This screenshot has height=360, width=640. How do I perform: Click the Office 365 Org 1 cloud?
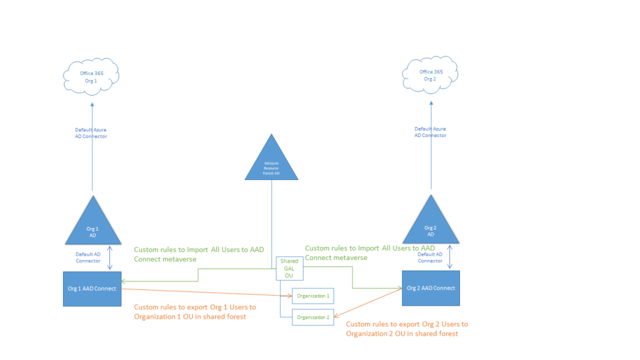[x=91, y=76]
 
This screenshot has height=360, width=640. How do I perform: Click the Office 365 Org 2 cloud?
[x=431, y=75]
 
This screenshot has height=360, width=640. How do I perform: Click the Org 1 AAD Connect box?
[x=92, y=288]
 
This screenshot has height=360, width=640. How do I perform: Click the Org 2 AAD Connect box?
[x=431, y=288]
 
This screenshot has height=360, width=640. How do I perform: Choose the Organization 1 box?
[x=313, y=295]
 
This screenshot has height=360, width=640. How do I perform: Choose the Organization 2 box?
[x=313, y=317]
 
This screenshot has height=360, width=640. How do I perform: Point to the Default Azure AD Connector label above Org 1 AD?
[x=91, y=133]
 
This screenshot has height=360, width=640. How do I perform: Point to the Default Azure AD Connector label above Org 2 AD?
[x=431, y=132]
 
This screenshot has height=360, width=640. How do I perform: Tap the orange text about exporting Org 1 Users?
[x=195, y=312]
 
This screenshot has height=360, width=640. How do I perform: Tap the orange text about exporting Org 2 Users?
[x=406, y=329]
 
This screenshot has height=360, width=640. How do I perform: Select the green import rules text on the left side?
[x=199, y=253]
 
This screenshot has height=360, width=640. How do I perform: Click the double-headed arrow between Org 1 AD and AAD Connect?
[x=110, y=258]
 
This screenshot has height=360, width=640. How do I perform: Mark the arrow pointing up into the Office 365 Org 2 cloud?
[x=431, y=156]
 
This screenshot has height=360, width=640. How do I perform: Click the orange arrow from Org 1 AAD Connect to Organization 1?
[x=206, y=292]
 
